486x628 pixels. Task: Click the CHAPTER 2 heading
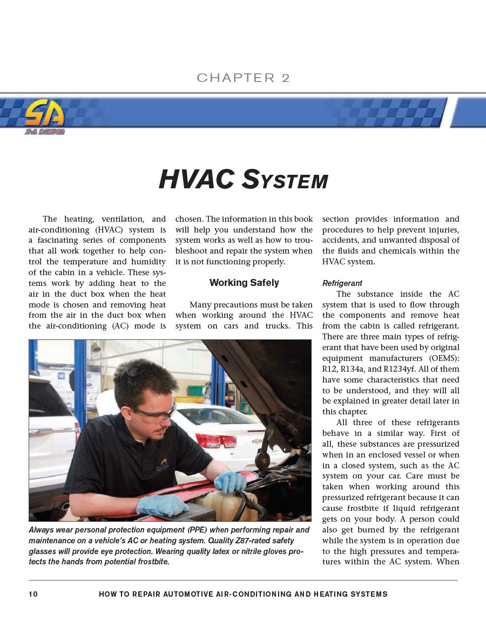243,78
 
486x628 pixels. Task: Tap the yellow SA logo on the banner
44,114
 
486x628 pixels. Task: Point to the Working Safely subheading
244,283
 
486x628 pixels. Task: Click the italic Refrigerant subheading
342,283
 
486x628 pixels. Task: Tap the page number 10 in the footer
33,594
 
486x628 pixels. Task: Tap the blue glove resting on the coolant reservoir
231,481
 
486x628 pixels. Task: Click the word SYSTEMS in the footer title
365,594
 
